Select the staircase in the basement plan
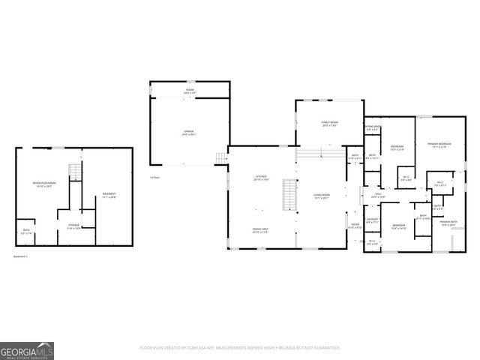coord(74,171)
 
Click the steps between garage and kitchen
coord(220,157)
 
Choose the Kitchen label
coord(260,178)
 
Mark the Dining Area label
coord(260,231)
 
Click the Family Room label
coord(330,124)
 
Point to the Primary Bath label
coord(448,223)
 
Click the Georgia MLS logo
coord(27,350)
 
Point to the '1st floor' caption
coord(155,178)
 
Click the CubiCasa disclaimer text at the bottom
coord(240,348)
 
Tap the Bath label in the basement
coord(26,232)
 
